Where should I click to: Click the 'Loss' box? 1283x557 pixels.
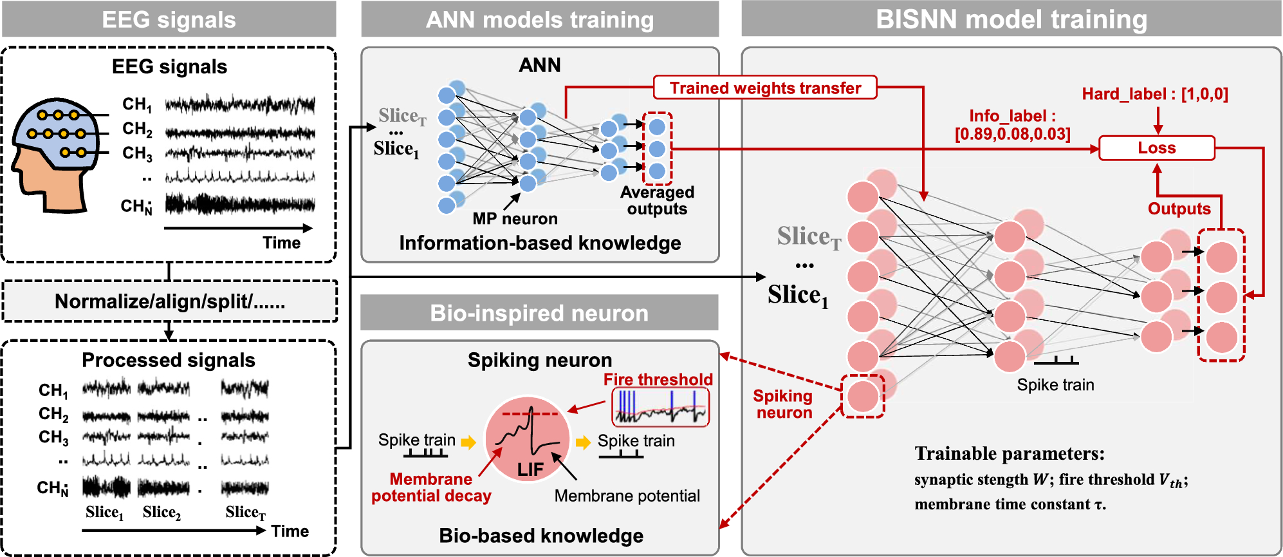1156,148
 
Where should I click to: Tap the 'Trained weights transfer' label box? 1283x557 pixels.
765,88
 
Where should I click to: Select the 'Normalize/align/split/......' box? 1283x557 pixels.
170,301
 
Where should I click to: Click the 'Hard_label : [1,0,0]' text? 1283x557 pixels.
1155,94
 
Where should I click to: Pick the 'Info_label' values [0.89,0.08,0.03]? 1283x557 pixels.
1013,134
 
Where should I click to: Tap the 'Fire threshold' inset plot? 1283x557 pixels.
660,407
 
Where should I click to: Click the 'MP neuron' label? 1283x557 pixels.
515,219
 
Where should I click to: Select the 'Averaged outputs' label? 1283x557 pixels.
657,200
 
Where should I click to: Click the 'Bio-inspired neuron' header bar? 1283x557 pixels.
539,313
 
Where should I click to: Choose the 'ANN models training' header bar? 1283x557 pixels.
540,19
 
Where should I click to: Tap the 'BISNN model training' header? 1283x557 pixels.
1011,19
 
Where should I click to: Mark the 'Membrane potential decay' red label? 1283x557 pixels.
431,487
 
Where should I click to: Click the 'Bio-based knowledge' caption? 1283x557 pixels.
541,536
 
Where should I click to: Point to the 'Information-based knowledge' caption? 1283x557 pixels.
540,243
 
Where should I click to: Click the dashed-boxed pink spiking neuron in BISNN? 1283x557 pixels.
863,396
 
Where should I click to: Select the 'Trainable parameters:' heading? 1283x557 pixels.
1010,453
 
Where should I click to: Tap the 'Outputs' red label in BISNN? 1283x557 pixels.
1179,209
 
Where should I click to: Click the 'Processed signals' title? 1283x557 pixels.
169,360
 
